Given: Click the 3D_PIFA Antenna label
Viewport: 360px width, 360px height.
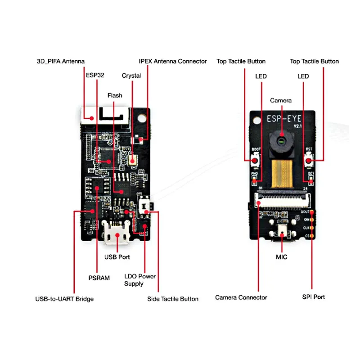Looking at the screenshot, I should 60,61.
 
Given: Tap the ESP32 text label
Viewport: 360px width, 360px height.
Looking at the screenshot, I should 95,75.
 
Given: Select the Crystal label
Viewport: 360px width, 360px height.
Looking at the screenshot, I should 131,76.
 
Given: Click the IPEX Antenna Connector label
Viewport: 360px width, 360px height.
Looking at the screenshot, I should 173,61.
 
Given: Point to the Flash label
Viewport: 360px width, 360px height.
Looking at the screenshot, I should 115,95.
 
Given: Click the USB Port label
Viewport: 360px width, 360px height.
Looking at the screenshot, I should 117,257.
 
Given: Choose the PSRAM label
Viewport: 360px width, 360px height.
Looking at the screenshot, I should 99,278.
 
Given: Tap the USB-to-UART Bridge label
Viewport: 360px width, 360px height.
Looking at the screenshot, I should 64,299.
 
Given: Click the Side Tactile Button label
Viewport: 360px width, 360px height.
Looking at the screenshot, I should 173,299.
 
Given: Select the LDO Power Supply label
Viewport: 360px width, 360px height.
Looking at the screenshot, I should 140,280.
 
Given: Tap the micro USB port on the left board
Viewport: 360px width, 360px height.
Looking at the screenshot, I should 117,234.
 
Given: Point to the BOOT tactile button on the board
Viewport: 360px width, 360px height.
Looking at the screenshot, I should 255,161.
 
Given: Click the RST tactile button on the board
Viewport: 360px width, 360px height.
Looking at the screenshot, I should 309,160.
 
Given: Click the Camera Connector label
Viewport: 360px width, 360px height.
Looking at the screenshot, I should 241,297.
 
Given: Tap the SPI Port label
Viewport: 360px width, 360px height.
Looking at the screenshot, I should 313,297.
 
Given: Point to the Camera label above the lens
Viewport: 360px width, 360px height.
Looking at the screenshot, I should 281,100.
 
